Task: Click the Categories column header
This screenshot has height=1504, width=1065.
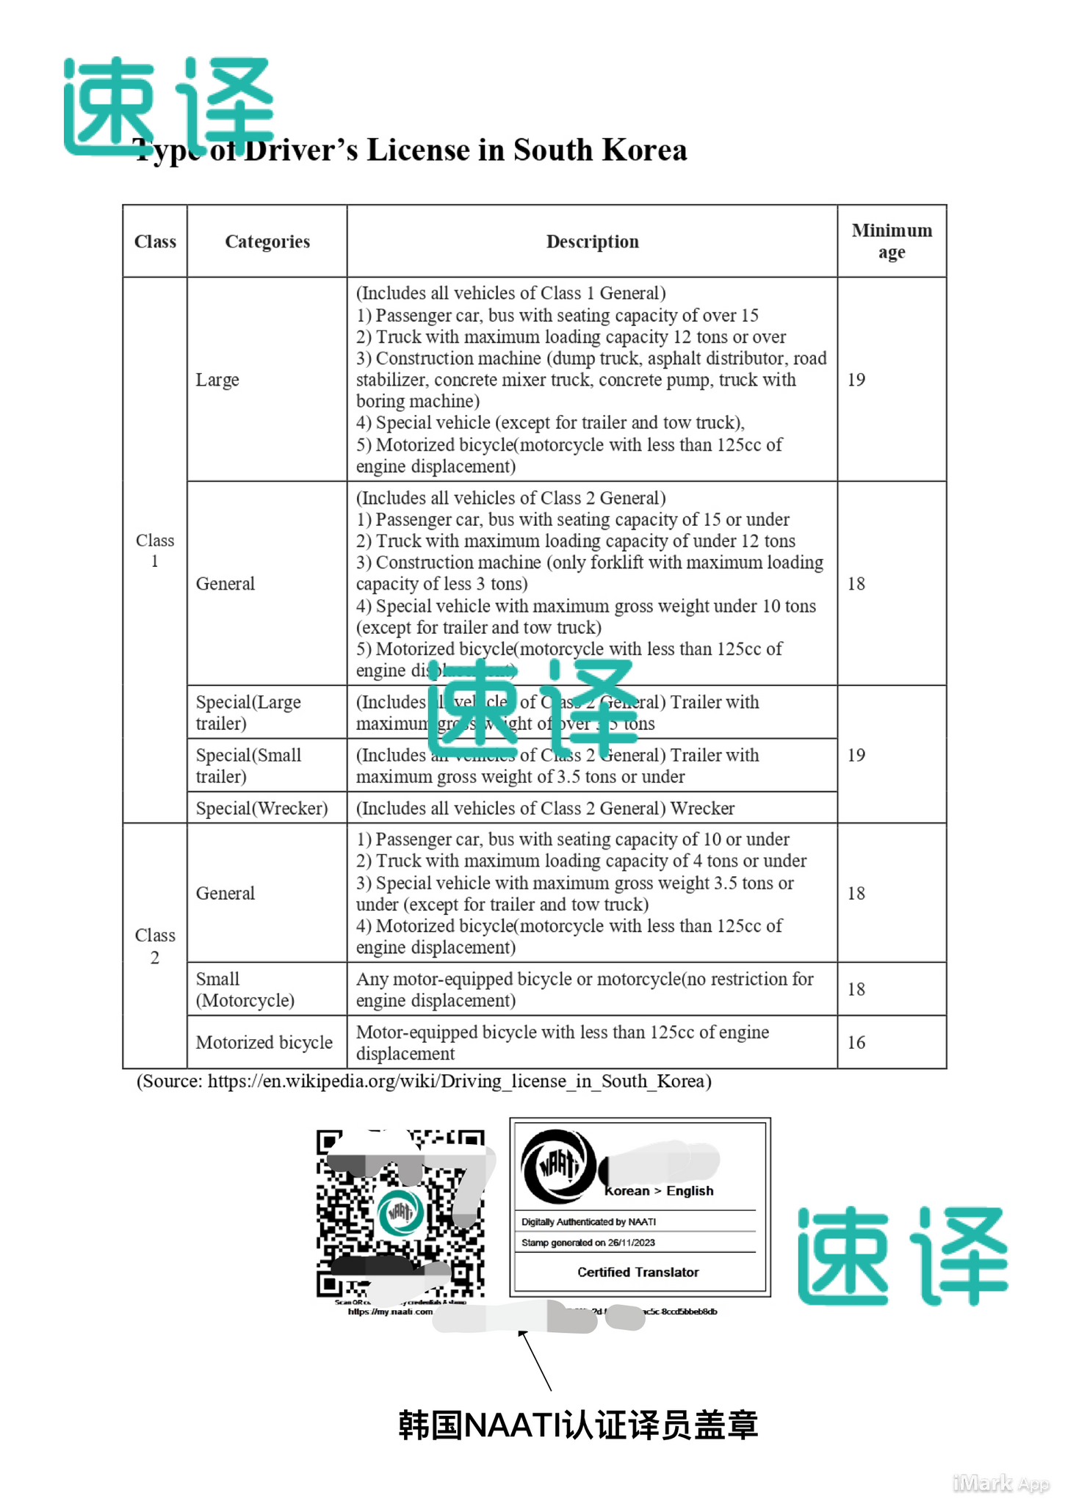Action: (267, 242)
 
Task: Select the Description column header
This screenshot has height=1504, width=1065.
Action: (592, 242)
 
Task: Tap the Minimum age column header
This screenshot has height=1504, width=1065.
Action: (892, 242)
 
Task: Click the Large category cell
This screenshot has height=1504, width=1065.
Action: (217, 380)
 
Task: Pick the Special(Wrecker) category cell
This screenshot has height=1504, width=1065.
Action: (261, 808)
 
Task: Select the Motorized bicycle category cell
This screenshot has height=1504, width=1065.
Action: (264, 1042)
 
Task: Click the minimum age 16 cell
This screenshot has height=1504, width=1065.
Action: (856, 1042)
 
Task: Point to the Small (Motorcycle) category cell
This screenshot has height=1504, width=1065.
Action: (245, 989)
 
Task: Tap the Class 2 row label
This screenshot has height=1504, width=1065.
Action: (155, 946)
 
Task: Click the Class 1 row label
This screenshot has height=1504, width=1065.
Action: (155, 550)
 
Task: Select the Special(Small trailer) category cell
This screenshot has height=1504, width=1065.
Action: (248, 765)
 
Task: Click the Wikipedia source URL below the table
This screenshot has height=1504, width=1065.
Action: (455, 1081)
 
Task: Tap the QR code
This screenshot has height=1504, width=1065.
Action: (400, 1214)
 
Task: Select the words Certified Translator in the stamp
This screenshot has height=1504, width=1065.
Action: (638, 1272)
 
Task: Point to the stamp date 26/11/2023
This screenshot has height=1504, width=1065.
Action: (631, 1243)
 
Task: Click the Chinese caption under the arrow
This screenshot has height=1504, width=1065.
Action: (577, 1425)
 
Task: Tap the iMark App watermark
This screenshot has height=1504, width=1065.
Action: (1000, 1483)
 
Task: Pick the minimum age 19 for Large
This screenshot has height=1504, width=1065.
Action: (856, 380)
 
